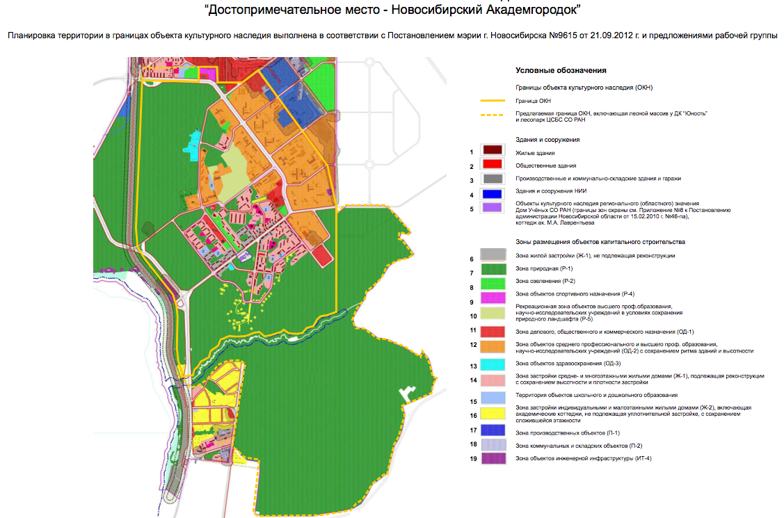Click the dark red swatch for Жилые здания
click(x=493, y=152)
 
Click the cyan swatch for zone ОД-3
click(x=493, y=364)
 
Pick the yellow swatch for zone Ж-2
click(x=493, y=414)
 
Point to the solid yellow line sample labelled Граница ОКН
click(x=493, y=102)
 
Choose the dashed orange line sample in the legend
click(x=493, y=115)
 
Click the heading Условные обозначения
click(x=561, y=71)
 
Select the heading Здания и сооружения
click(x=547, y=140)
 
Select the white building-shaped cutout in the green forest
click(x=405, y=394)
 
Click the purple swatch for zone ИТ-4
click(x=493, y=458)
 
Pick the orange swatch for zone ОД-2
click(x=493, y=346)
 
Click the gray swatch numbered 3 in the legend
click(x=493, y=179)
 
